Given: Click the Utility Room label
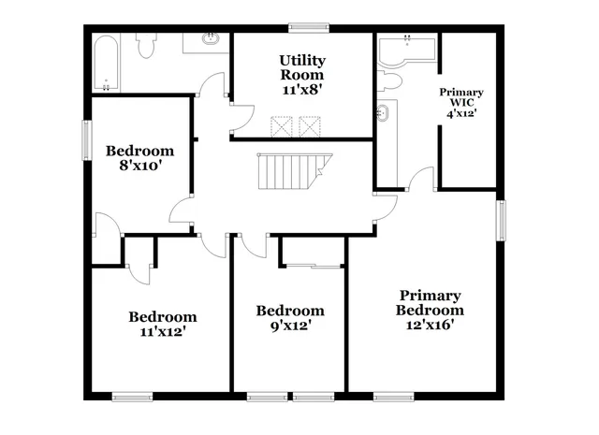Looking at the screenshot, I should click(301, 67).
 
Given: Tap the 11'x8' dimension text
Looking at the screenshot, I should click(301, 89).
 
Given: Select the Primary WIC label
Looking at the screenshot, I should click(461, 97).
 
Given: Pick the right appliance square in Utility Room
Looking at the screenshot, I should click(309, 125).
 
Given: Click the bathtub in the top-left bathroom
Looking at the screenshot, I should click(105, 63).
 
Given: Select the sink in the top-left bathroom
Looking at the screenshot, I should click(212, 40).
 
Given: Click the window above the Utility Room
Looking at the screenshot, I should click(304, 27).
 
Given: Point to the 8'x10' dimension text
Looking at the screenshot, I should click(139, 167).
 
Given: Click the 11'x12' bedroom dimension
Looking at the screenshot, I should click(163, 332).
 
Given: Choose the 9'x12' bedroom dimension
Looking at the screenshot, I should click(290, 326).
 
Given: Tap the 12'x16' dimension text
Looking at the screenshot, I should click(429, 325).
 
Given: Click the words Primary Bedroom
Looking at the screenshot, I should click(429, 302).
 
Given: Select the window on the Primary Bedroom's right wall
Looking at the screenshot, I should click(501, 219).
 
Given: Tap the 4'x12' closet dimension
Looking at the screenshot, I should click(461, 112).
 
